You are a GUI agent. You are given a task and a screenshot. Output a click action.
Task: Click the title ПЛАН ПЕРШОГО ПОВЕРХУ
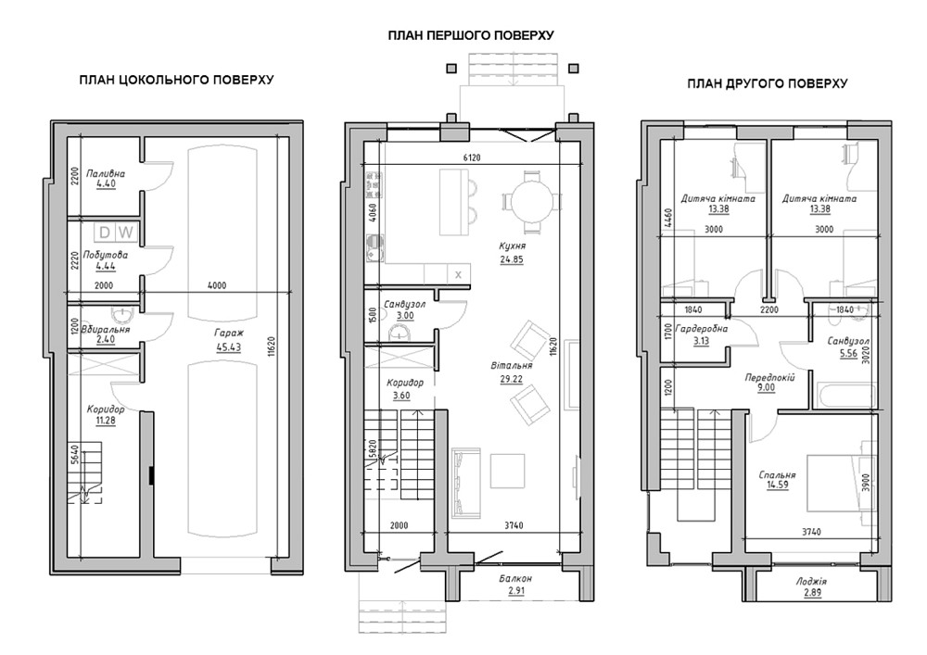(471, 35)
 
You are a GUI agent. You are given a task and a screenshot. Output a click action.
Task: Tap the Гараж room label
(229, 334)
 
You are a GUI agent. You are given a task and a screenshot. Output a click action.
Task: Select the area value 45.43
(229, 347)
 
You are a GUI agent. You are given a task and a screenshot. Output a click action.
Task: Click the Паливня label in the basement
(106, 173)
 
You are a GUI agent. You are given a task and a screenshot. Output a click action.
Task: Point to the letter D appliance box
(105, 233)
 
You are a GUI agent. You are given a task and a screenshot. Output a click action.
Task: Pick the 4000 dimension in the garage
(217, 286)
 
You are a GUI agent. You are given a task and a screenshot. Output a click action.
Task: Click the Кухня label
(512, 246)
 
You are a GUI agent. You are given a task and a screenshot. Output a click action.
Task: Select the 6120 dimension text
(471, 157)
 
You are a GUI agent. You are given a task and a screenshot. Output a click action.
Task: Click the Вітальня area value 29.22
(512, 379)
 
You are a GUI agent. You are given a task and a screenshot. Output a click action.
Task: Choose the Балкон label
(514, 579)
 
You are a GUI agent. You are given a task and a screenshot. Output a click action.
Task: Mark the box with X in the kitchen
(458, 274)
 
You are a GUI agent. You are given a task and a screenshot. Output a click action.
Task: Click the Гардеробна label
(701, 329)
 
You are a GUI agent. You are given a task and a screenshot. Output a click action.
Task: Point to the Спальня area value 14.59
(777, 485)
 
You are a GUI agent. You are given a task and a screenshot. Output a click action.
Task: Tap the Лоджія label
(812, 581)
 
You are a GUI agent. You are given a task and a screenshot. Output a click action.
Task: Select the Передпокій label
(769, 377)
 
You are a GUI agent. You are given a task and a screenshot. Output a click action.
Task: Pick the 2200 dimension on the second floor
(769, 309)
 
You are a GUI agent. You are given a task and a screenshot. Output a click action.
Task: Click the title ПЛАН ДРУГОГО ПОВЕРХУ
(767, 84)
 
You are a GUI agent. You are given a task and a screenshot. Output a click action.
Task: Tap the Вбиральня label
(107, 329)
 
